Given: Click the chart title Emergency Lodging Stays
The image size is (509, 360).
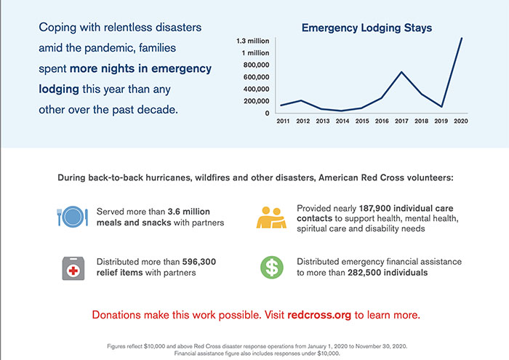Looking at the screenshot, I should tap(366, 28).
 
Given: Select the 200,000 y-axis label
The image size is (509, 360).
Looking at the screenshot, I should tap(254, 100).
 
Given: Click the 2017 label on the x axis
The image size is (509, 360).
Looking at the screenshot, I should tap(401, 121).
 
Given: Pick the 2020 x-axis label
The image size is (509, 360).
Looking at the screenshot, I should tap(460, 121).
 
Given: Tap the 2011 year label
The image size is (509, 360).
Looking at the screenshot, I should tap(283, 121).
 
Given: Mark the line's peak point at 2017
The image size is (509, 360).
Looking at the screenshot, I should tap(401, 71).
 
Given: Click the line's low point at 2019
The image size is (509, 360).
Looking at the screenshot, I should tap(441, 107).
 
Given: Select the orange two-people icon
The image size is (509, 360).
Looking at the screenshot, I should tap(270, 217).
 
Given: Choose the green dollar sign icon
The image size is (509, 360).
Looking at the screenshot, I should tap(270, 268).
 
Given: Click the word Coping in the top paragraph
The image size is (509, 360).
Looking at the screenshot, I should tap(60, 28).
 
